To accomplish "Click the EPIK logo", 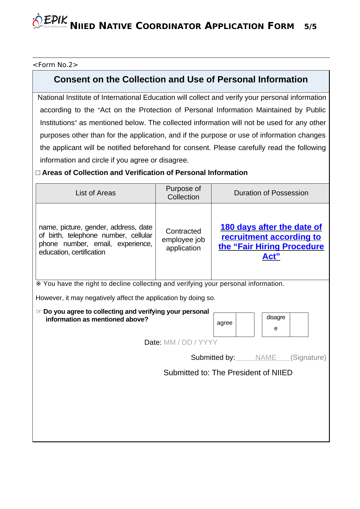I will tap(50, 21).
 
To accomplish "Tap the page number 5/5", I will tap(310, 27).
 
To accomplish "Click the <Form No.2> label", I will tap(55, 65).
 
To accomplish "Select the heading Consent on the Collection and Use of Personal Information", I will tap(181, 80).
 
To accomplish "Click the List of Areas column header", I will tap(95, 193).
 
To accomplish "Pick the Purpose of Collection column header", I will tap(183, 193).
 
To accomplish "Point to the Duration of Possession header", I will tap(271, 193).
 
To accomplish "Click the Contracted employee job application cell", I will tap(183, 240).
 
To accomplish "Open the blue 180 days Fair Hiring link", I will tap(271, 241).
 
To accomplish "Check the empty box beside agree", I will tap(245, 324).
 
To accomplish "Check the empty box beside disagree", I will tap(299, 324).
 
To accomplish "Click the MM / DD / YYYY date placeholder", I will tap(190, 342).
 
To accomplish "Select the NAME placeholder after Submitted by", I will tap(265, 358).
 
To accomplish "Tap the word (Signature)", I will tap(308, 358).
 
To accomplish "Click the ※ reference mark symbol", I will tap(38, 284).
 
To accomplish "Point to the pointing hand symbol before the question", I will tap(39, 312).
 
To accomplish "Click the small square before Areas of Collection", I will tap(38, 173).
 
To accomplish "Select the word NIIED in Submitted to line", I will tap(282, 373).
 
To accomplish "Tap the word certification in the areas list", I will tap(88, 252).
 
